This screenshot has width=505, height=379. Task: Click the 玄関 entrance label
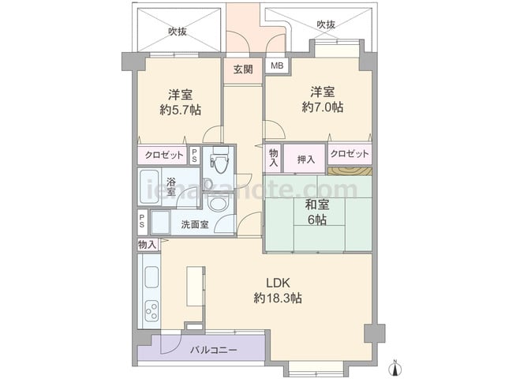click(x=243, y=69)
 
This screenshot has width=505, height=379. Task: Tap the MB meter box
click(x=277, y=66)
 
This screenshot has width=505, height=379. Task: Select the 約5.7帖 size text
click(x=181, y=110)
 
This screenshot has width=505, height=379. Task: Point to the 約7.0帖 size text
click(x=323, y=107)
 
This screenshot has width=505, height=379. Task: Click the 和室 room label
click(x=317, y=205)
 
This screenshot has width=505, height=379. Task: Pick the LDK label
click(x=278, y=283)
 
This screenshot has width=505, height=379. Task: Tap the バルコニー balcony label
click(x=214, y=350)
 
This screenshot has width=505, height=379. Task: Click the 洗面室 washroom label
click(x=195, y=224)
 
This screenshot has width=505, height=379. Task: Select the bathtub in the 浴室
click(x=148, y=186)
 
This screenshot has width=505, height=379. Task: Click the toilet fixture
click(x=219, y=159)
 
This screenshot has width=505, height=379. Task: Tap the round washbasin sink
click(x=218, y=204)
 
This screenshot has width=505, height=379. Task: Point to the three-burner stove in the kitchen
click(x=151, y=311)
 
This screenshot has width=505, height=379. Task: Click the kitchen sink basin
click(x=151, y=277)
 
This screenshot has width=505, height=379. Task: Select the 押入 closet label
click(x=306, y=159)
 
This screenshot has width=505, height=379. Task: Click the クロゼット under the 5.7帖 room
click(x=164, y=156)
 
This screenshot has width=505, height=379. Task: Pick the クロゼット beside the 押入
click(x=350, y=153)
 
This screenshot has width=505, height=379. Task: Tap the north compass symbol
click(x=396, y=366)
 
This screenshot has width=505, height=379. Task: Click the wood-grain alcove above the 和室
click(x=350, y=171)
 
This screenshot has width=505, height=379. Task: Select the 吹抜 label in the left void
click(x=178, y=32)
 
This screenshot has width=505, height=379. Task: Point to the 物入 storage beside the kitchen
click(x=147, y=245)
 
